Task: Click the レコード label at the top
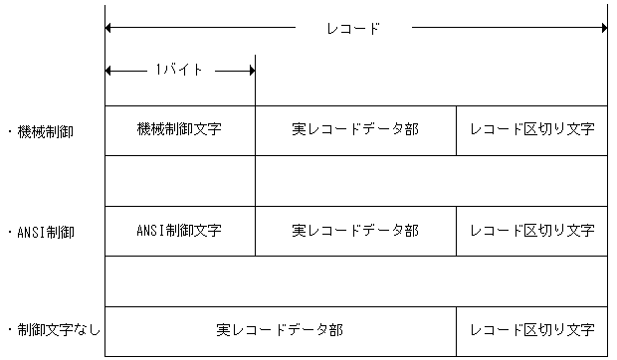click(353, 29)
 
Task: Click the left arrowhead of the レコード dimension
click(108, 29)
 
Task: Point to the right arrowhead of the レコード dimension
click(602, 29)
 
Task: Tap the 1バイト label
click(179, 70)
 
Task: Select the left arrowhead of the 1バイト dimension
click(108, 70)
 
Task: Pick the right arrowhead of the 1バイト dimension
click(251, 70)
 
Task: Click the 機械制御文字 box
click(179, 130)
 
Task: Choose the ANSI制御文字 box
click(179, 231)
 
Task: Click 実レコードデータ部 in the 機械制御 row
click(355, 130)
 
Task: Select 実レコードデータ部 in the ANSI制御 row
click(355, 231)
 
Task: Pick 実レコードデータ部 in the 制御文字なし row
click(280, 330)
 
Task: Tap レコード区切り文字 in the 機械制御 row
click(531, 130)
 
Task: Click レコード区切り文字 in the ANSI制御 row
click(531, 231)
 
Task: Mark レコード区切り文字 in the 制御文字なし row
click(531, 330)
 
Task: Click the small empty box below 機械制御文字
click(179, 180)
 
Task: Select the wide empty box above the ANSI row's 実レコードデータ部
click(431, 180)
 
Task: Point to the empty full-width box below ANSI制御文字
click(355, 280)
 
